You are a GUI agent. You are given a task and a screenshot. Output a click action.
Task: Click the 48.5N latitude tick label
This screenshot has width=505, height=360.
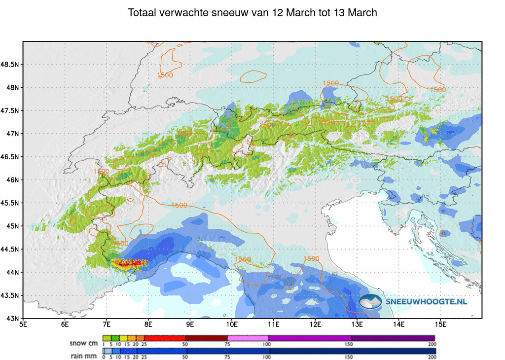10,65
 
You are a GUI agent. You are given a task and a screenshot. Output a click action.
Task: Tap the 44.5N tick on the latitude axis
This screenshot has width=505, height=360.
10,249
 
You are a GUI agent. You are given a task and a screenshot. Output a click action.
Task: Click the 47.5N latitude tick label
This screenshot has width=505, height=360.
10,110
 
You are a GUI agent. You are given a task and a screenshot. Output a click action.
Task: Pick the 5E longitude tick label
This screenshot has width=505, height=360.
23,324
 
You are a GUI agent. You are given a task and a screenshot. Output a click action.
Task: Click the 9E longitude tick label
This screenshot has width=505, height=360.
190,324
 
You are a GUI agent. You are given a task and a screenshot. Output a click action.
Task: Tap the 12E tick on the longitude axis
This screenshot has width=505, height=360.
316,324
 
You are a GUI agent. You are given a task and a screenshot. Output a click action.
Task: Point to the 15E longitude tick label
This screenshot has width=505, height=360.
441,324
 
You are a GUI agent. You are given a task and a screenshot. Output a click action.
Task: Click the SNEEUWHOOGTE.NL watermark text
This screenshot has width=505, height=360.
427,301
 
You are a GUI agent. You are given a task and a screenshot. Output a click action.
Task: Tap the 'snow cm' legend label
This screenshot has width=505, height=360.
84,343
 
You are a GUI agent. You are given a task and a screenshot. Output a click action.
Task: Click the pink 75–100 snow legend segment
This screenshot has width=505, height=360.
248,338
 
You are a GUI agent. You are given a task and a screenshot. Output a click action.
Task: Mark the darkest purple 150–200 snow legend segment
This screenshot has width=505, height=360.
393,338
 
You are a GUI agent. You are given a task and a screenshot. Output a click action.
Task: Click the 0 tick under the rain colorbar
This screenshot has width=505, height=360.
103,357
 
